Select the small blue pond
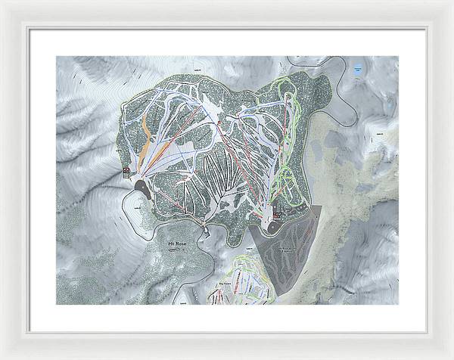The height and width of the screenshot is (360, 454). [x=356, y=70]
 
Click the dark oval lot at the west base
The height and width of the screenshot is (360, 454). [x=145, y=190]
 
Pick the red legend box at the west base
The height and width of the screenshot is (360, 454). [x=126, y=172]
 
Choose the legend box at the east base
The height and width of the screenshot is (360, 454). [x=276, y=214]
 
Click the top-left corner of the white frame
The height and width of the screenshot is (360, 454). [x=2, y=2]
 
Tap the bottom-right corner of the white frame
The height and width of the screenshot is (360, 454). [x=451, y=357]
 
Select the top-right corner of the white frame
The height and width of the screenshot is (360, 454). [x=451, y=2]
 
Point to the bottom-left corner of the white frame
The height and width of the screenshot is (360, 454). [x=2, y=357]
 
